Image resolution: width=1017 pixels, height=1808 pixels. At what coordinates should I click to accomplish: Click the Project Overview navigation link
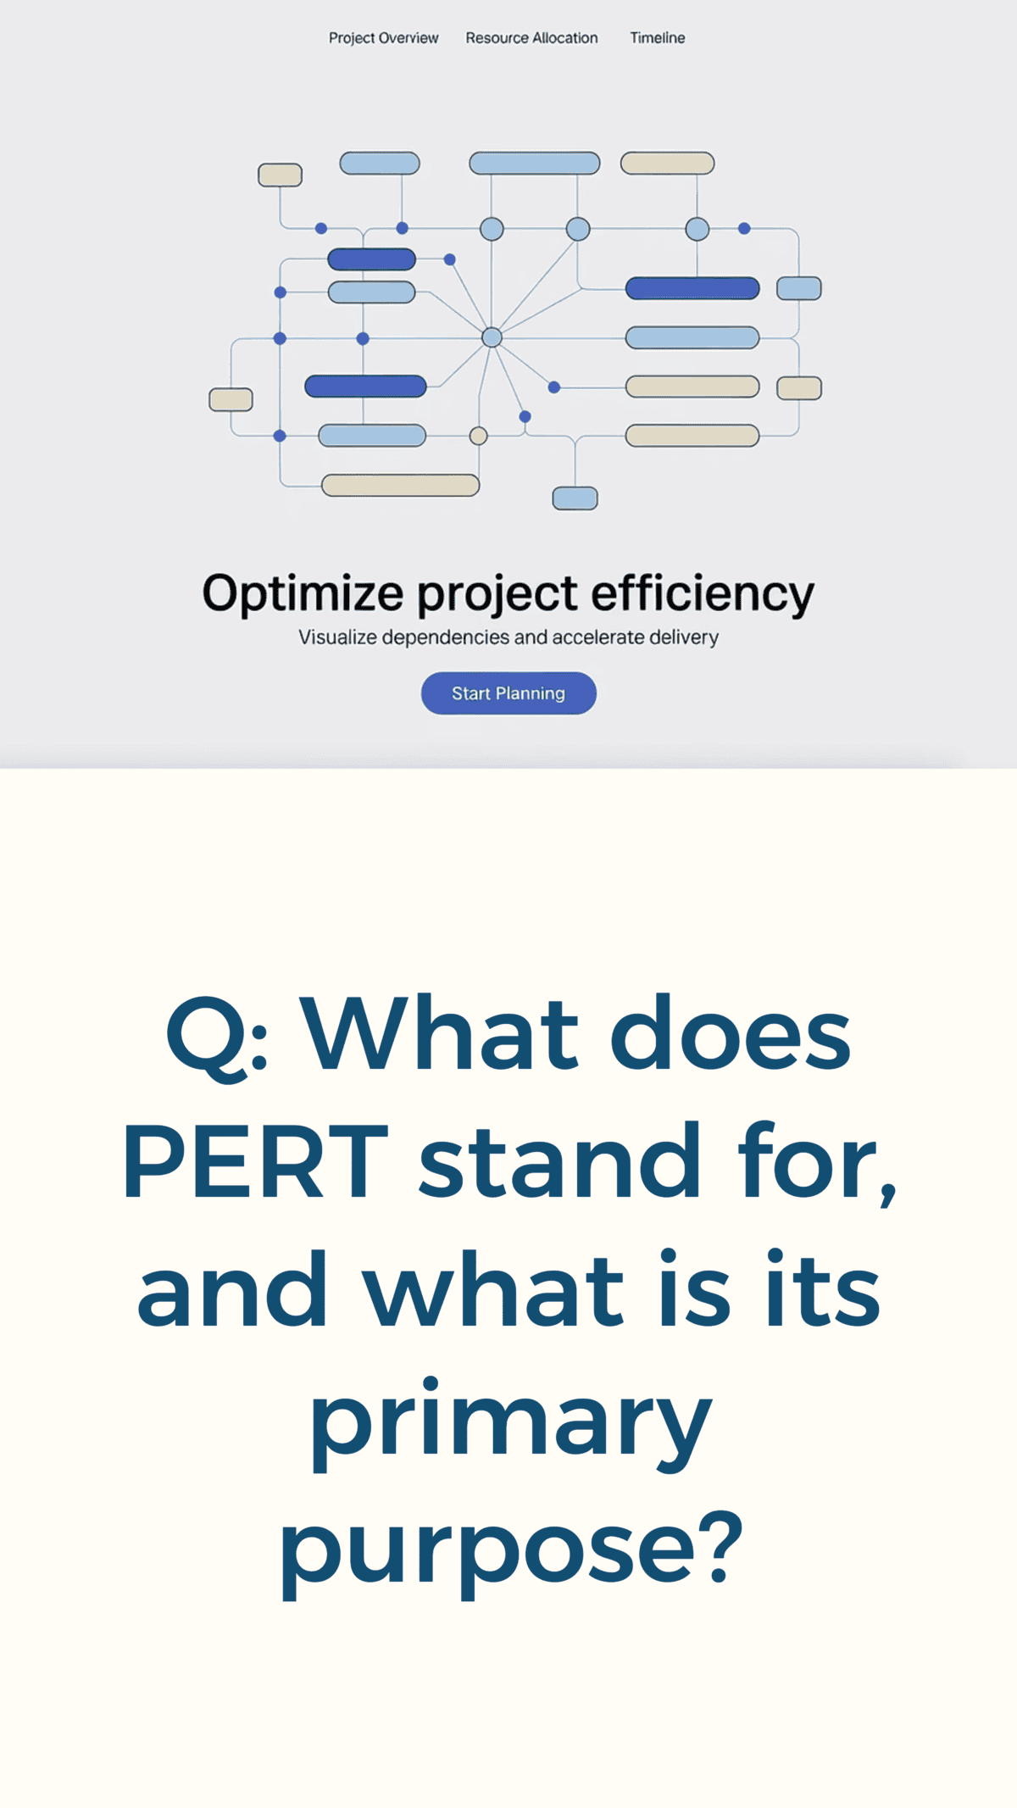[383, 38]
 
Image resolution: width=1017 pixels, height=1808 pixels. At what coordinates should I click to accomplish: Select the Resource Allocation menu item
[531, 38]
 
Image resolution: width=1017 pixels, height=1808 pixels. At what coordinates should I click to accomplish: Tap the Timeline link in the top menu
[657, 38]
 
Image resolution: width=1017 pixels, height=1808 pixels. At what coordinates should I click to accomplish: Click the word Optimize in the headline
[303, 594]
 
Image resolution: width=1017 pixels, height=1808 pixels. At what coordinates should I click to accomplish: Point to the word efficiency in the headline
[703, 594]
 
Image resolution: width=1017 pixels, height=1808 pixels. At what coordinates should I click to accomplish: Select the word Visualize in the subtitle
[337, 637]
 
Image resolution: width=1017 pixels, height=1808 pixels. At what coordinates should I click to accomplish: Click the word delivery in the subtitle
[684, 637]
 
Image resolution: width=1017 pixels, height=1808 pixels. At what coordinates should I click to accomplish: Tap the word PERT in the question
[255, 1160]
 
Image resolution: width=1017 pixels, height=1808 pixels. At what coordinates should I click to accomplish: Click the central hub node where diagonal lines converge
[492, 337]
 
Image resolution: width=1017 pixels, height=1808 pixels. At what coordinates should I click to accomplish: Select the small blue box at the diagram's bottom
[575, 498]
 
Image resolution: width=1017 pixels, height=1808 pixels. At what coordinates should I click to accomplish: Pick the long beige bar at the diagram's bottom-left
[400, 485]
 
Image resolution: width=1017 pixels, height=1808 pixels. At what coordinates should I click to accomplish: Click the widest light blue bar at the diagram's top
[535, 163]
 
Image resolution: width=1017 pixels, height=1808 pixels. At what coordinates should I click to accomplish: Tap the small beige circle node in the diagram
[478, 436]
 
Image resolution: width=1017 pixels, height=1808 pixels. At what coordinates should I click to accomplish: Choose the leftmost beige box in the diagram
[231, 399]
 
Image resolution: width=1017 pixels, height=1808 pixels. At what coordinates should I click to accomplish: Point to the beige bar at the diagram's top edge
[668, 163]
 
